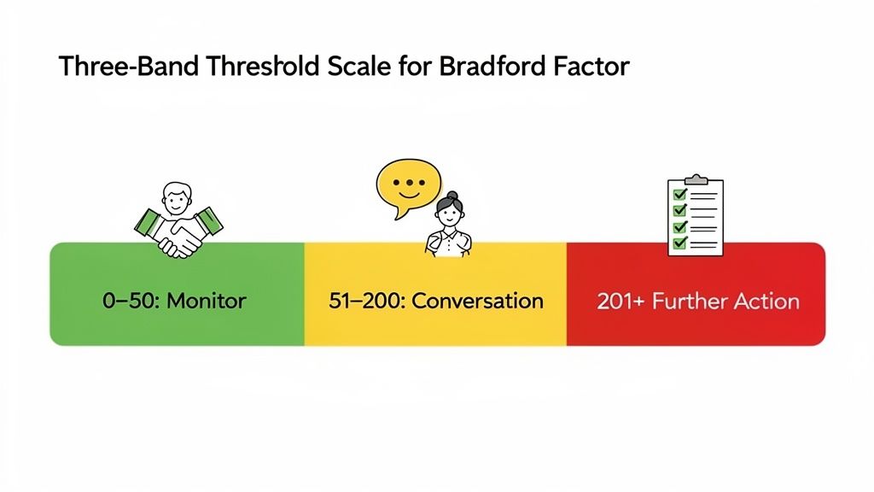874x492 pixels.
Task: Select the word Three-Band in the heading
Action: [x=115, y=67]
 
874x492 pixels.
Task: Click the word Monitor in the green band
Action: [x=205, y=301]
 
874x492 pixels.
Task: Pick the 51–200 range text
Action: [x=364, y=301]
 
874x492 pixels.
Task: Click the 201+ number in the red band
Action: [x=621, y=302]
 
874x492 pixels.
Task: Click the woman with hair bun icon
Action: [x=448, y=224]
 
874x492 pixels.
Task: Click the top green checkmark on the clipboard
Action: [x=679, y=193]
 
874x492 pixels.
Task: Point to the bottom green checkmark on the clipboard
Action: [x=679, y=243]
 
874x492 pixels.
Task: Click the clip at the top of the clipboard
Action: [x=696, y=179]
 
